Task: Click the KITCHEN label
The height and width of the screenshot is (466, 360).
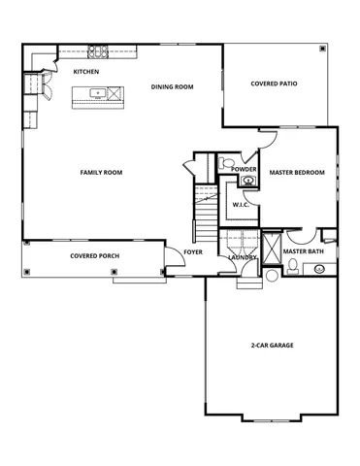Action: point(86,72)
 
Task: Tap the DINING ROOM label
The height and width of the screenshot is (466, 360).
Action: point(173,87)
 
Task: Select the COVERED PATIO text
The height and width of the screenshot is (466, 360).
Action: point(274,84)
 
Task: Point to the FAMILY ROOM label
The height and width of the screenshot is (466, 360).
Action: point(101,172)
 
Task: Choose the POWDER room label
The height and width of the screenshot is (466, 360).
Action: point(245,169)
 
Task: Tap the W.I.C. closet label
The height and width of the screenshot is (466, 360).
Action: point(241,205)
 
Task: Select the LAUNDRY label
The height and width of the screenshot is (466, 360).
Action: point(242,257)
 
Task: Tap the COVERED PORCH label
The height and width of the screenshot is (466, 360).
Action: point(94,257)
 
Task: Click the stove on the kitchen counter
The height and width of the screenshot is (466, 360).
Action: point(98,50)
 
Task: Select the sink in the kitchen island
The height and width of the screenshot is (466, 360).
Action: point(98,94)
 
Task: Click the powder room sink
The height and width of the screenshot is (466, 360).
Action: point(247,180)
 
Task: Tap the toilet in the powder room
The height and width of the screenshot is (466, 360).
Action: point(222,161)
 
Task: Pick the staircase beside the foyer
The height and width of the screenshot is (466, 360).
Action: point(205,218)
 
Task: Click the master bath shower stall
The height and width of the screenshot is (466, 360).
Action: point(271,242)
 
